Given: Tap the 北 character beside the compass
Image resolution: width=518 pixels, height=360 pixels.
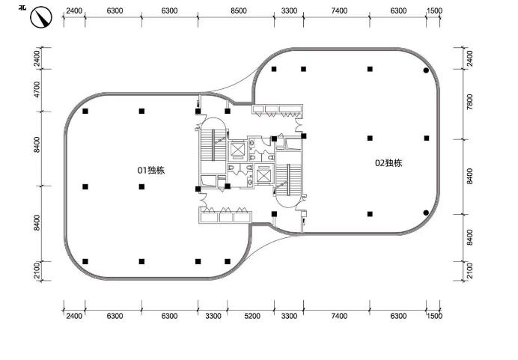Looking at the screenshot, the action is click(22, 7).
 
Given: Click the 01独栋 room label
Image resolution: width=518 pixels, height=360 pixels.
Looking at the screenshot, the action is click(151, 171).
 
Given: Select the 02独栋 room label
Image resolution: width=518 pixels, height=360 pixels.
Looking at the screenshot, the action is click(388, 163).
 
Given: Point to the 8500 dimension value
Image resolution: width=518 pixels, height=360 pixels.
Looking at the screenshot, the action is click(239, 11).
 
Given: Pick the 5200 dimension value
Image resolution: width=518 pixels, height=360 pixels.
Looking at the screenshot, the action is click(252, 316).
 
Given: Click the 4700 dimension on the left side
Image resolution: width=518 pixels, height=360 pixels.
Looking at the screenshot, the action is click(37, 90).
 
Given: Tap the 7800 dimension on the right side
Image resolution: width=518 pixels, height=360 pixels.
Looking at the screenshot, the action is click(470, 102).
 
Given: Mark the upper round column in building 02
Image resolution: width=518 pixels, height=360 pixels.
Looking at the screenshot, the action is click(426, 70).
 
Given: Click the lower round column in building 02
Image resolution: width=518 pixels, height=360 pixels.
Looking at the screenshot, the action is click(426, 213).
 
